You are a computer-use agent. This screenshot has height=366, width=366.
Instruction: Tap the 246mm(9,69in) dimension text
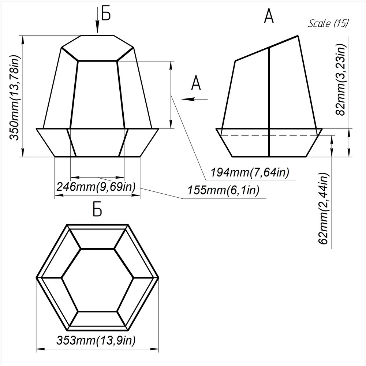(96, 187)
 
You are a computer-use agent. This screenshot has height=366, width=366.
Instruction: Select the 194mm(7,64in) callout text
(250, 172)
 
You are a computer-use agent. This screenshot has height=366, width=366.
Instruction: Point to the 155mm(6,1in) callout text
(223, 190)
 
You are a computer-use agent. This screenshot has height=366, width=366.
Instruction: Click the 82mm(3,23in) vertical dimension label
(340, 80)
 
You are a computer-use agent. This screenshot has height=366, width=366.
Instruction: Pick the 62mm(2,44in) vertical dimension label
(324, 209)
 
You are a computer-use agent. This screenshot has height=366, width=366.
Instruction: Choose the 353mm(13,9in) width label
(96, 340)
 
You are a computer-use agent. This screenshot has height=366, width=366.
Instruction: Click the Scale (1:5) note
(328, 23)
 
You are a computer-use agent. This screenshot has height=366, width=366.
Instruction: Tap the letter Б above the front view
(106, 14)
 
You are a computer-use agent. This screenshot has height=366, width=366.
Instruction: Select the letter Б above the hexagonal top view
(98, 210)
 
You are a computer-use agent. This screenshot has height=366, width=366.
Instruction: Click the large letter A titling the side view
(269, 17)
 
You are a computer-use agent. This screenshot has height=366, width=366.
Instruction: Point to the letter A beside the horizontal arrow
(196, 83)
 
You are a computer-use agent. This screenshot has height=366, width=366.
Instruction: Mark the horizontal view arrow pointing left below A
(194, 99)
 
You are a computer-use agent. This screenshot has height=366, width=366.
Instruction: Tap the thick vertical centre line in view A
(269, 102)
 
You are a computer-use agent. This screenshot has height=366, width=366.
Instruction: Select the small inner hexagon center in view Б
(97, 280)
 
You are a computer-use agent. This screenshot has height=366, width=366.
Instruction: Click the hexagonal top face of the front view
(97, 48)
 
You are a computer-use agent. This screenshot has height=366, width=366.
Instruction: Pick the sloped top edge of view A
(266, 48)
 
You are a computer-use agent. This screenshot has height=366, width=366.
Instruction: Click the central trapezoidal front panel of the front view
(97, 95)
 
